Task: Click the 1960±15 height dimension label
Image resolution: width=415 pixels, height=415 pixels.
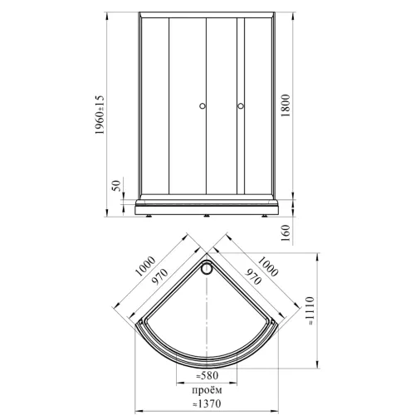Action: [100, 115]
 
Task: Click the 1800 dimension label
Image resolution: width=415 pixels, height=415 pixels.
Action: [286, 105]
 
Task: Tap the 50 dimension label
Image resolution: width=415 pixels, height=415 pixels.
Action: [116, 186]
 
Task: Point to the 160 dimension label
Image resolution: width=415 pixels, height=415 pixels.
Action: [286, 233]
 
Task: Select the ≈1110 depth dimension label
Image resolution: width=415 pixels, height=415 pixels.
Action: [310, 310]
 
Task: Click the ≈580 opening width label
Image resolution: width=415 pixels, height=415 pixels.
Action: [207, 375]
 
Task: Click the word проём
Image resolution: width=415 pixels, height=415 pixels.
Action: [207, 390]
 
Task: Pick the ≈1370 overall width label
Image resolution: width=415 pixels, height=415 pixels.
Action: [207, 403]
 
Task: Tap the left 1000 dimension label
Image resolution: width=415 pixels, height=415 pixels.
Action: [145, 266]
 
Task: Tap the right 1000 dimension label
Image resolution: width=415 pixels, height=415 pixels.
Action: [268, 266]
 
